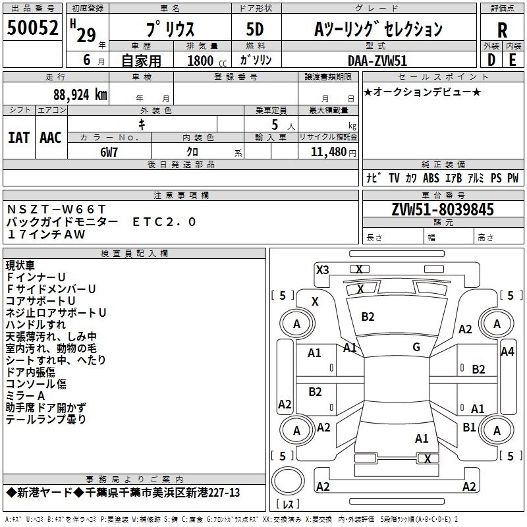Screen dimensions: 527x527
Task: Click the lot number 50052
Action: [32, 28]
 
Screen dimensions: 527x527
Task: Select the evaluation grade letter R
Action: [502, 30]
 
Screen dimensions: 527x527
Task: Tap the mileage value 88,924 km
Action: [80, 95]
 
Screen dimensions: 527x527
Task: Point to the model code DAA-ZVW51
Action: [377, 61]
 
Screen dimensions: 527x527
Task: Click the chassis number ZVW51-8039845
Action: [443, 209]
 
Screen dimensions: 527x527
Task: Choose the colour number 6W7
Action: [109, 152]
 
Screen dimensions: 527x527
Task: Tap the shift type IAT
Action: [18, 138]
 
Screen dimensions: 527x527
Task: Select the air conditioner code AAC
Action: [51, 138]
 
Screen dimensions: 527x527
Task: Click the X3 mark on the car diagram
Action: [322, 270]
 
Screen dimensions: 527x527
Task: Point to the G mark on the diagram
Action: [416, 347]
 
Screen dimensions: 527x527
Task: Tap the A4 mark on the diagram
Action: [507, 352]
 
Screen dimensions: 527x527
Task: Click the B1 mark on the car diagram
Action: [469, 427]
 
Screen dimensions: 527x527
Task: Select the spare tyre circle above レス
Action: [288, 481]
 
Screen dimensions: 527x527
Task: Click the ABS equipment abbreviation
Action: [431, 178]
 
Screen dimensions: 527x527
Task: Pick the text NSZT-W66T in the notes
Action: [56, 209]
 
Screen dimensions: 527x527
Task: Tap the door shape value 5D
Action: [255, 29]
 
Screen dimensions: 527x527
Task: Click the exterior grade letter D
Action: [491, 60]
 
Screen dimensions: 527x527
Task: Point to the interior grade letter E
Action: [513, 60]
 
